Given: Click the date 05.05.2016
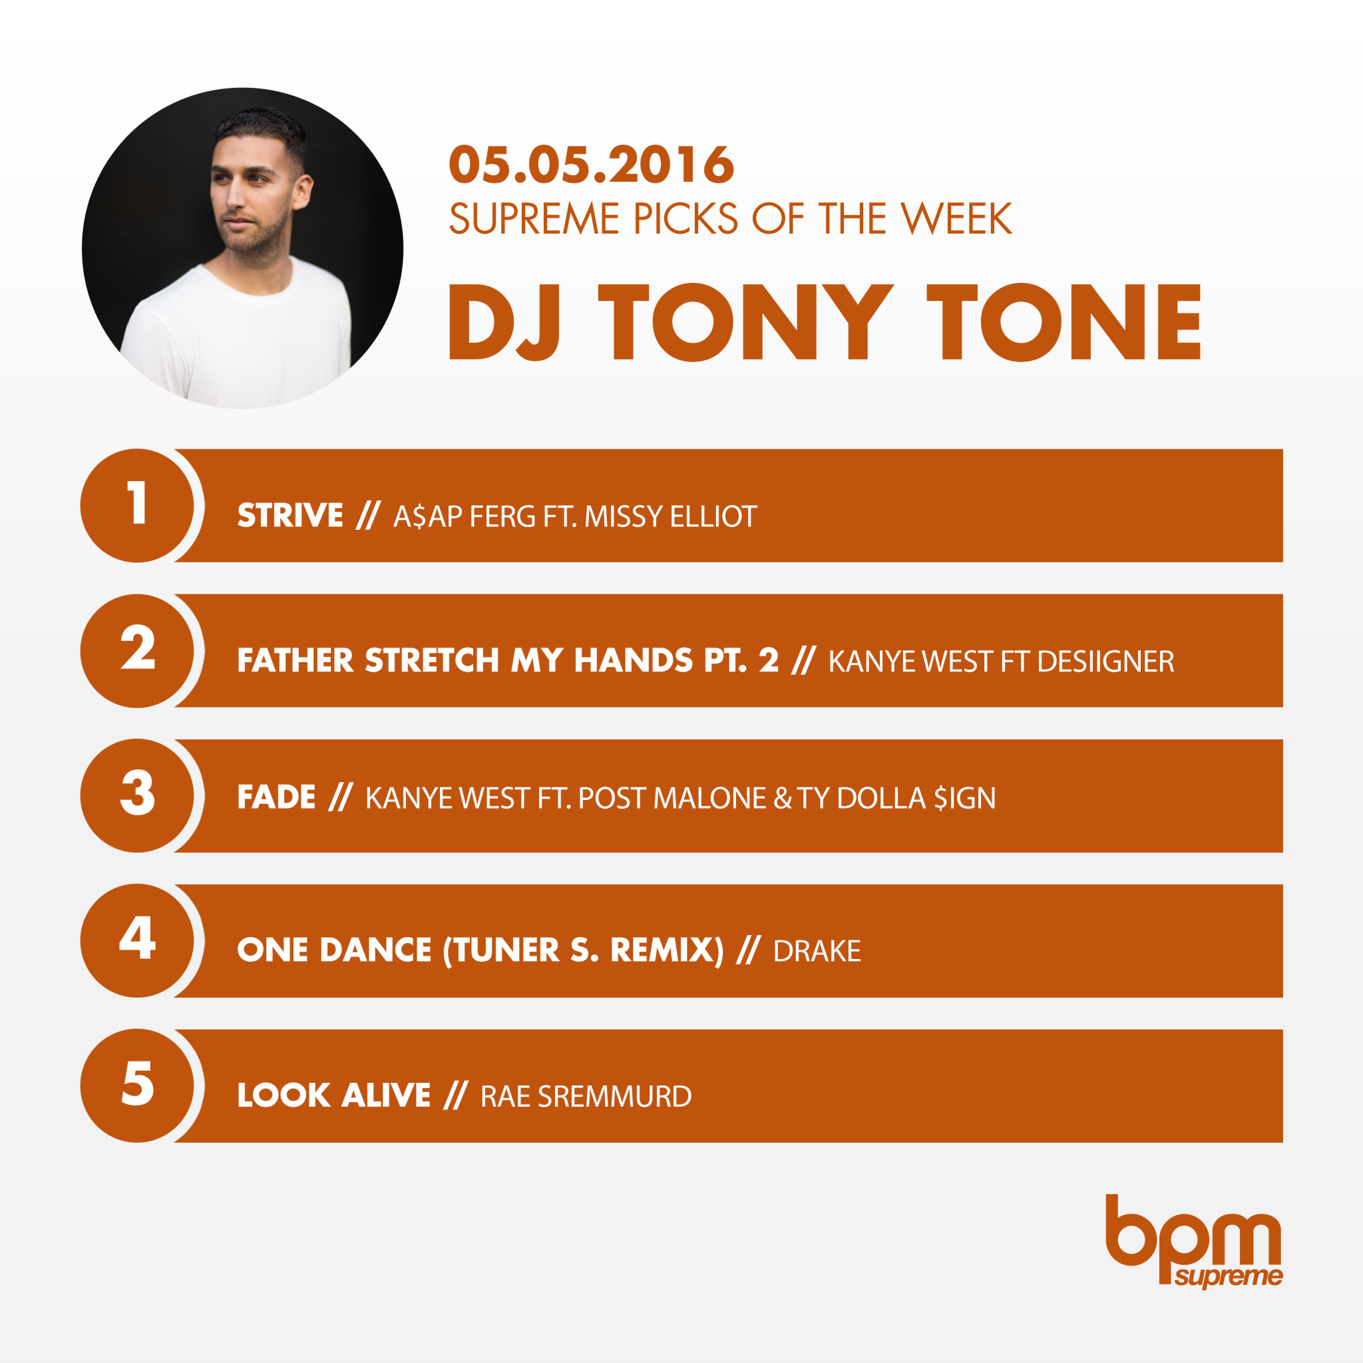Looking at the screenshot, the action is (x=591, y=164).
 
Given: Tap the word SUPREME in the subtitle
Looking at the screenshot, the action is (x=534, y=219).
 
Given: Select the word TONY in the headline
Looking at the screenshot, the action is (x=745, y=321).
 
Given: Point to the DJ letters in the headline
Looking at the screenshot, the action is (x=505, y=321).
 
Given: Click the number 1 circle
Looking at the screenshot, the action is (x=138, y=505).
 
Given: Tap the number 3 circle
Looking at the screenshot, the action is (x=138, y=796).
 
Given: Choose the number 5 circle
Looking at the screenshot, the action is (x=138, y=1085).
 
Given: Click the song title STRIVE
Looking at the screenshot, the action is (x=290, y=516).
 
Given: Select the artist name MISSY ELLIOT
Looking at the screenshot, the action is (x=670, y=516).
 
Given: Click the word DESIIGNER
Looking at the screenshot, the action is (x=1105, y=662).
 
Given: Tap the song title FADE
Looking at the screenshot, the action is (x=276, y=797).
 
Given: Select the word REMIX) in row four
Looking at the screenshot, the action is (x=667, y=950).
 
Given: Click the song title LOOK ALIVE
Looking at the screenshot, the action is (x=333, y=1095).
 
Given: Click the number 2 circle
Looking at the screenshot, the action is (x=138, y=650).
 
